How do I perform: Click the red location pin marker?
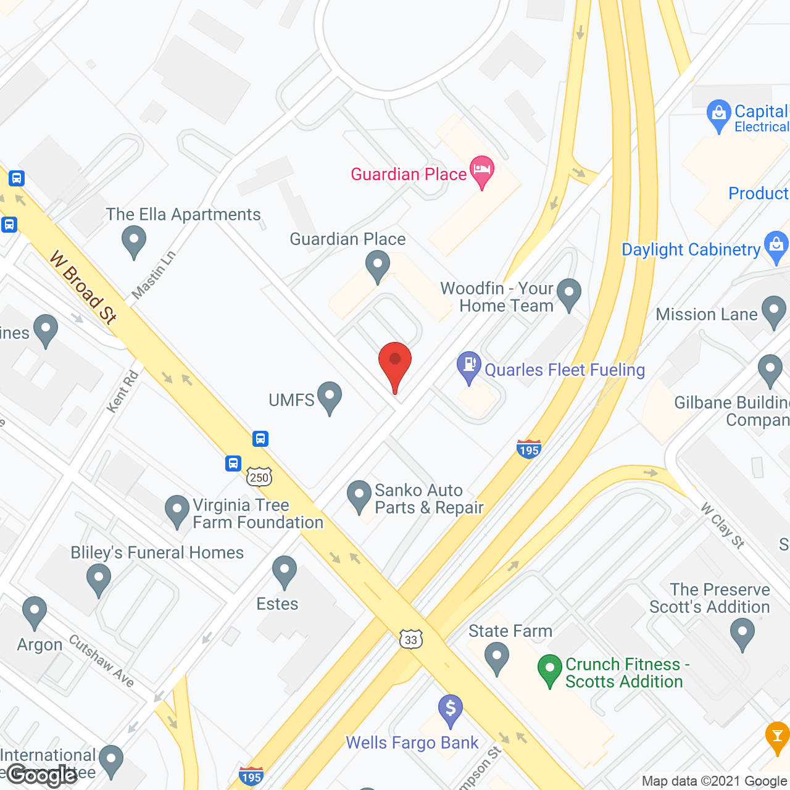point(394,363)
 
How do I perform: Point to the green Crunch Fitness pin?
point(549,670)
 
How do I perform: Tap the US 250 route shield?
point(259,476)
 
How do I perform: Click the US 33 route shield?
point(411,639)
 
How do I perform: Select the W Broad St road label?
point(83,287)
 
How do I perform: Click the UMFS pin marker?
point(330,397)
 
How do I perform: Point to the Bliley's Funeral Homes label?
point(157,552)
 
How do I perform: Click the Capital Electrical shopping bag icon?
point(718,115)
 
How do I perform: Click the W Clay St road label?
point(723,526)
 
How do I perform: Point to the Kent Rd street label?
point(122,391)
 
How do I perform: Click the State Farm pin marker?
point(497,657)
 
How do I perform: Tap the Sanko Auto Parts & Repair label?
point(429,499)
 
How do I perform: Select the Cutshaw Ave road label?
point(102,660)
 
